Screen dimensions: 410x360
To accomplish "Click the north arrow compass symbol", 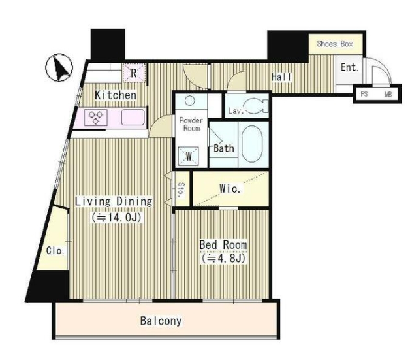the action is coord(59,67).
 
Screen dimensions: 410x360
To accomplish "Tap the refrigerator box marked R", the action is coord(134,73).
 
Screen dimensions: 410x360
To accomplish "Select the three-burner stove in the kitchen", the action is coord(96,118).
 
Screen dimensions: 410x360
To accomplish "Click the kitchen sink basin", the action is coord(133,118).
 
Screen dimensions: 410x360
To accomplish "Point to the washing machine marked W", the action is coord(188,156).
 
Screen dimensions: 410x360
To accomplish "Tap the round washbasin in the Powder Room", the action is coord(189,101).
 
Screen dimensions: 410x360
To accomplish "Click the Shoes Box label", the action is coord(335,44).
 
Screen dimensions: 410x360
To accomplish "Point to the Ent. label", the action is coord(349,67).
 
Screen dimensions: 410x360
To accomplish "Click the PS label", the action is coord(364,93).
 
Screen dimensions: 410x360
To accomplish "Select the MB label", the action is coord(388,94).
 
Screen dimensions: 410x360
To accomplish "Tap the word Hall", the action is coord(281,77).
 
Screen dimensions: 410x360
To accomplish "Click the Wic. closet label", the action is coord(230,188).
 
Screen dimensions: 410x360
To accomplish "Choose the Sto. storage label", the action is coord(181,189).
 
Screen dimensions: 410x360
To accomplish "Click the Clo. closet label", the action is coord(55,251).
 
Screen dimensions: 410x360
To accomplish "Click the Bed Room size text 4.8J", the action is coord(223,259).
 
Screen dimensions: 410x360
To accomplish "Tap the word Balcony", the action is coord(161,321).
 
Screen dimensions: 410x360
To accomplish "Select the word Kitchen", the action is coord(116,95).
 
